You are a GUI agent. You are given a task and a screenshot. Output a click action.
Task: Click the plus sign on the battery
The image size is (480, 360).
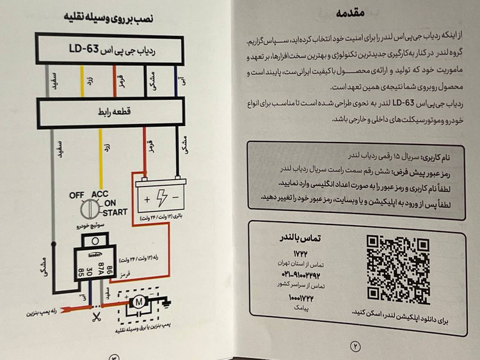pos(148,200)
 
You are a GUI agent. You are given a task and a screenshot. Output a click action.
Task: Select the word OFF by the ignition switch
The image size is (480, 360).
pos(78,195)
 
